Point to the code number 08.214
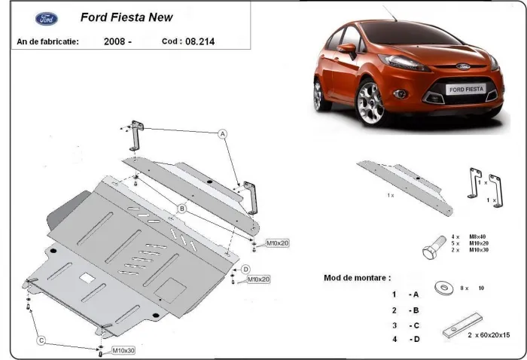198,42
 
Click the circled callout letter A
223,134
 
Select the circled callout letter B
182,208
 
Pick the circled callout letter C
42,340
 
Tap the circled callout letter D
245,269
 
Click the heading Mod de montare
357,278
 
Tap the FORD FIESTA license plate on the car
465,90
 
